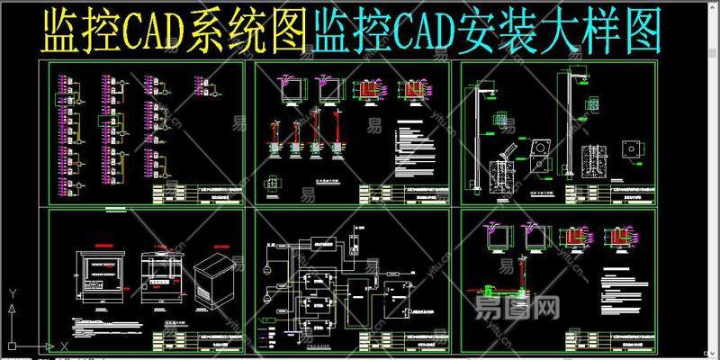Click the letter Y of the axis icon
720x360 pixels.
pos(10,293)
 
